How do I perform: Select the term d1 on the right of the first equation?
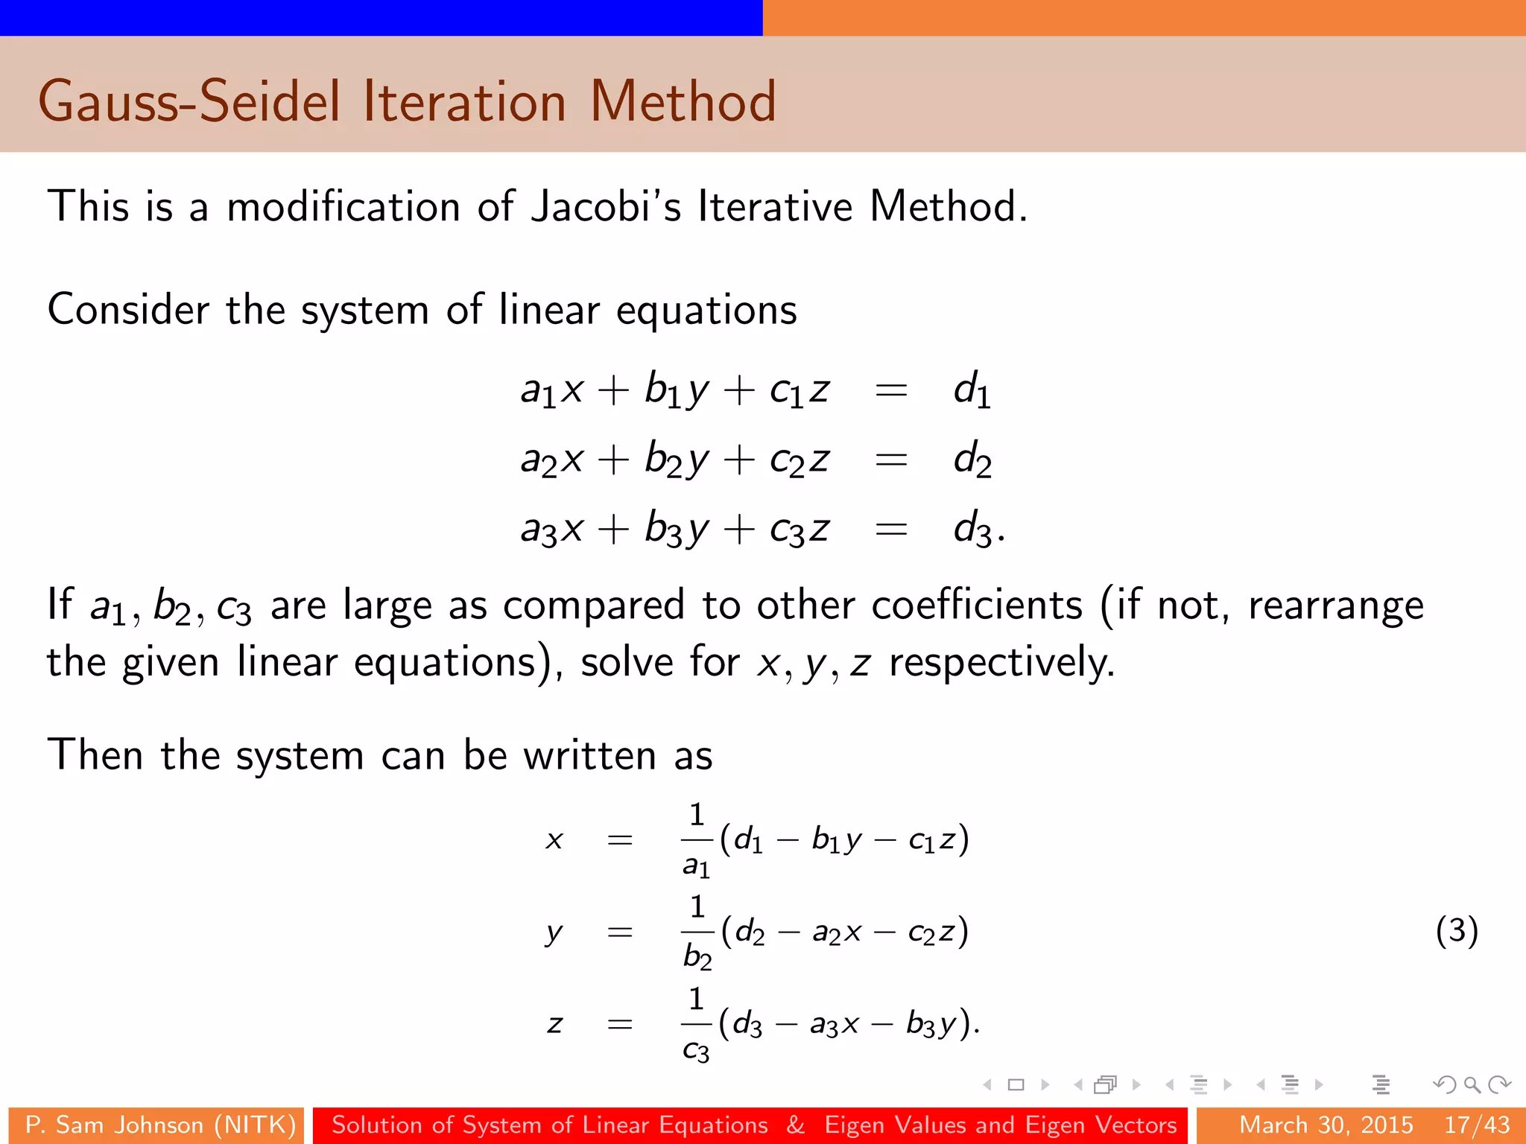tap(972, 390)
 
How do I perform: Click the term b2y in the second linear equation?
tap(677, 460)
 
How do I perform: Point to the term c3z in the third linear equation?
tap(799, 530)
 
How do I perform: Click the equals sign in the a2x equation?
tap(890, 460)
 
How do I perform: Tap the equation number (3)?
tap(1456, 931)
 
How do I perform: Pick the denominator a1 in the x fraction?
tap(696, 865)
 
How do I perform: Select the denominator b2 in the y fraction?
tap(697, 956)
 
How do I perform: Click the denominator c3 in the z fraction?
tap(696, 1050)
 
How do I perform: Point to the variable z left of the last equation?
tap(554, 1023)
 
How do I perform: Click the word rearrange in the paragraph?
tap(1335, 605)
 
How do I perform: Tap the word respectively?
tap(1001, 662)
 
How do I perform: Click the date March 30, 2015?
tap(1326, 1125)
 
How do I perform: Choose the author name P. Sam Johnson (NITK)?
tap(160, 1125)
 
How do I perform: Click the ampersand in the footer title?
tap(795, 1125)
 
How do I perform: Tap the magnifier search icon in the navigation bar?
tap(1471, 1084)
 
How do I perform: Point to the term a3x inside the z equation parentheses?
tap(834, 1025)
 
